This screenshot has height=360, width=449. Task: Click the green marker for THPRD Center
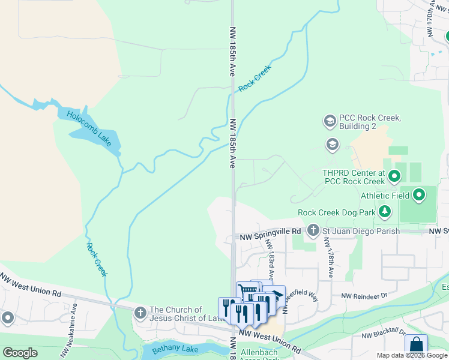[394, 176]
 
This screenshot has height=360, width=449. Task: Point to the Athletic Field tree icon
[419, 195]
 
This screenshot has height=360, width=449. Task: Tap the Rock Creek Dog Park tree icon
[384, 212]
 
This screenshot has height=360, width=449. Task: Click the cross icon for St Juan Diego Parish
[313, 230]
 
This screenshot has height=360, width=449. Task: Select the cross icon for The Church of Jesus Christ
[140, 313]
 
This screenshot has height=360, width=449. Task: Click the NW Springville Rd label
[268, 231]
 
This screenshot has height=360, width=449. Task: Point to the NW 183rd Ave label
[271, 264]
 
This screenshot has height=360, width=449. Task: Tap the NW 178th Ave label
[328, 257]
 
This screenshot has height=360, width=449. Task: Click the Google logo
[20, 353]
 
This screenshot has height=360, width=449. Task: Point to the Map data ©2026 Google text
[412, 355]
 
